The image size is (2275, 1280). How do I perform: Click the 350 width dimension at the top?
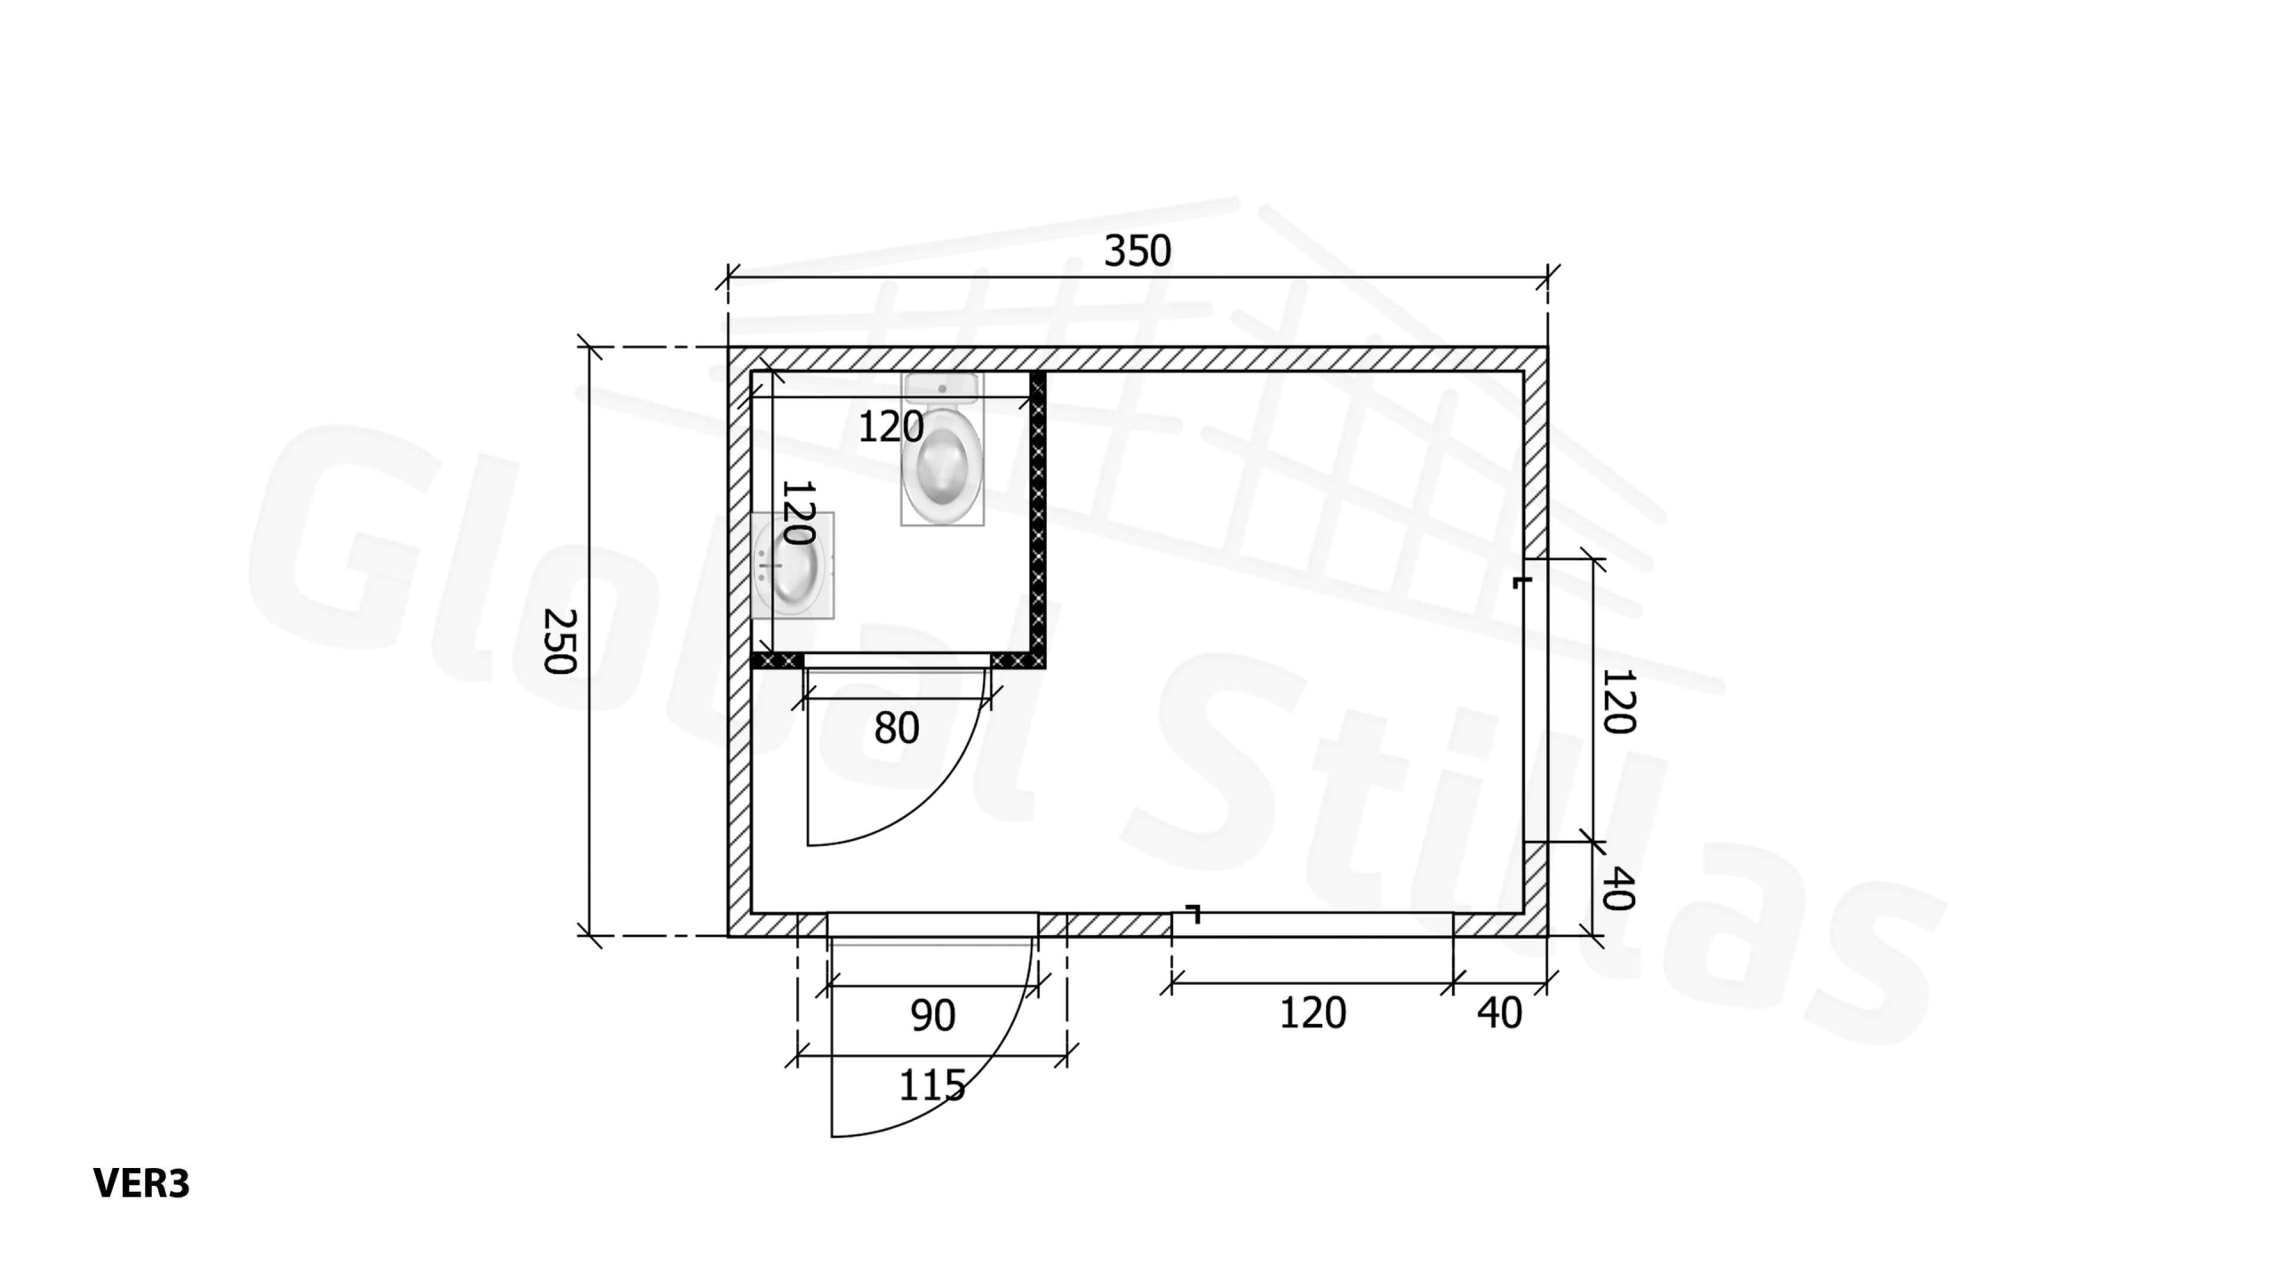(x=1137, y=251)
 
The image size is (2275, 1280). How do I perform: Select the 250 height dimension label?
(x=561, y=641)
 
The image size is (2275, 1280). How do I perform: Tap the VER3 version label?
(x=141, y=1183)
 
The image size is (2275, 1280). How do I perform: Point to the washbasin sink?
(x=792, y=565)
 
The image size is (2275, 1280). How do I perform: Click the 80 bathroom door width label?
(x=896, y=729)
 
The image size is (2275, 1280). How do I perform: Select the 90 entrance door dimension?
(x=932, y=1015)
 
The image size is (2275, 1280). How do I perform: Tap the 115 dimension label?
(x=932, y=1085)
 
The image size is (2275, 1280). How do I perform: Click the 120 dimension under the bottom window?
(x=1313, y=1013)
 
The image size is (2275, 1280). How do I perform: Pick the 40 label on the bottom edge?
(x=1499, y=1013)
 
